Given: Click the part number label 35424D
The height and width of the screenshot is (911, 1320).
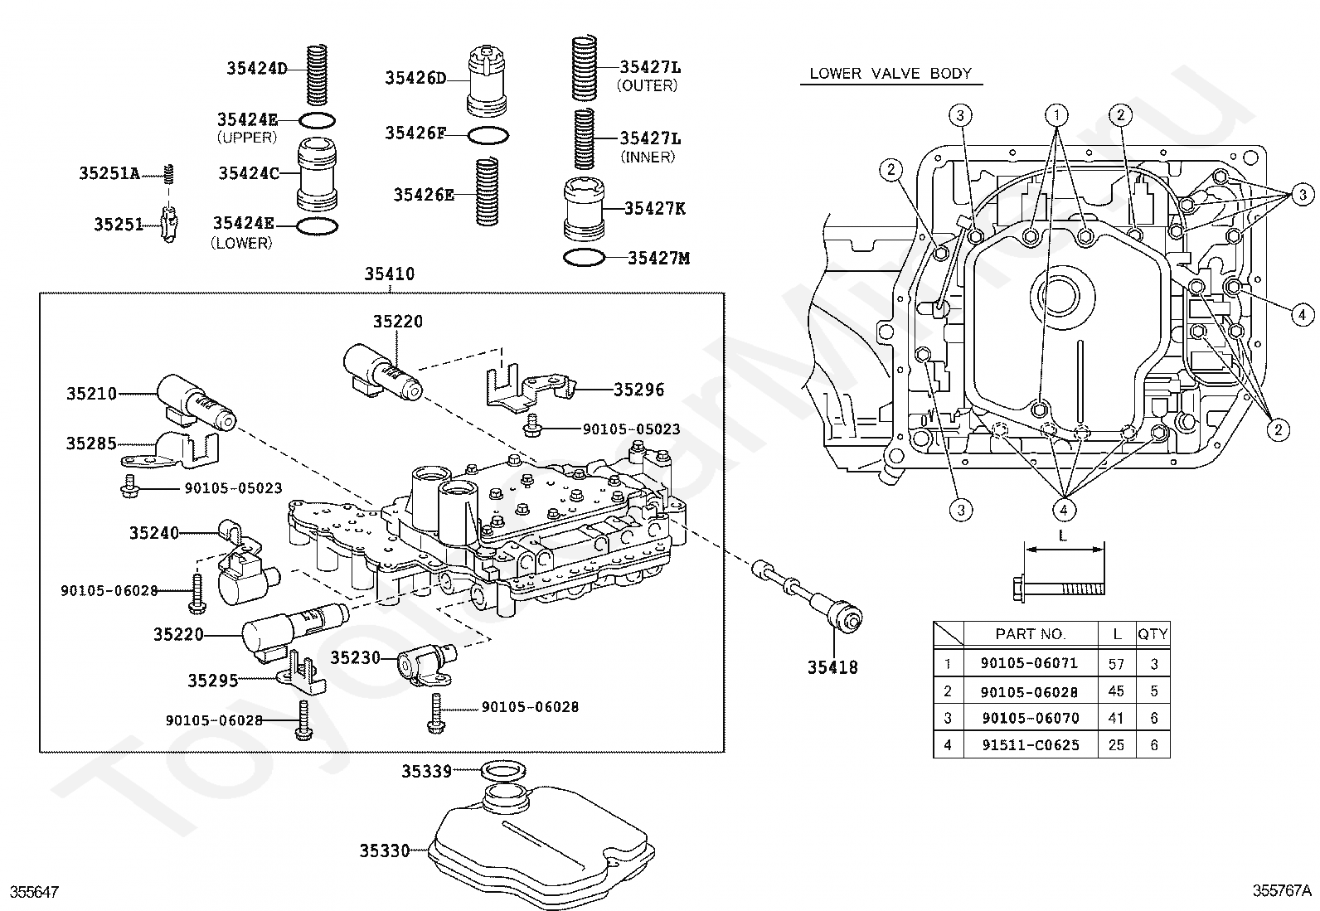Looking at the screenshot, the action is point(257,68).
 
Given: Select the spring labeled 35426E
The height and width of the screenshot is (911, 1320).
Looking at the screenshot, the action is point(487,191).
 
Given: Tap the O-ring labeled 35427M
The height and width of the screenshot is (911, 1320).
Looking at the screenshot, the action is point(584,258).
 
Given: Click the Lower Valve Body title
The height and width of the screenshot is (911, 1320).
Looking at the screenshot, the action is point(891,74).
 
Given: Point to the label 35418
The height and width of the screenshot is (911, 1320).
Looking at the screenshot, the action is point(832,667).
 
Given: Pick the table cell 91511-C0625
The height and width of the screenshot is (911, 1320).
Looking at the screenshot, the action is point(1031,745).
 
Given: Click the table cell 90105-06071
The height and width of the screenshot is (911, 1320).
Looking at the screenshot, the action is point(1030,663).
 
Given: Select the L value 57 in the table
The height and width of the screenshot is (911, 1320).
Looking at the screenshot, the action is point(1116,664).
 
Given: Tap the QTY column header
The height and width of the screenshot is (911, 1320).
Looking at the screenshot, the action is point(1153,634).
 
